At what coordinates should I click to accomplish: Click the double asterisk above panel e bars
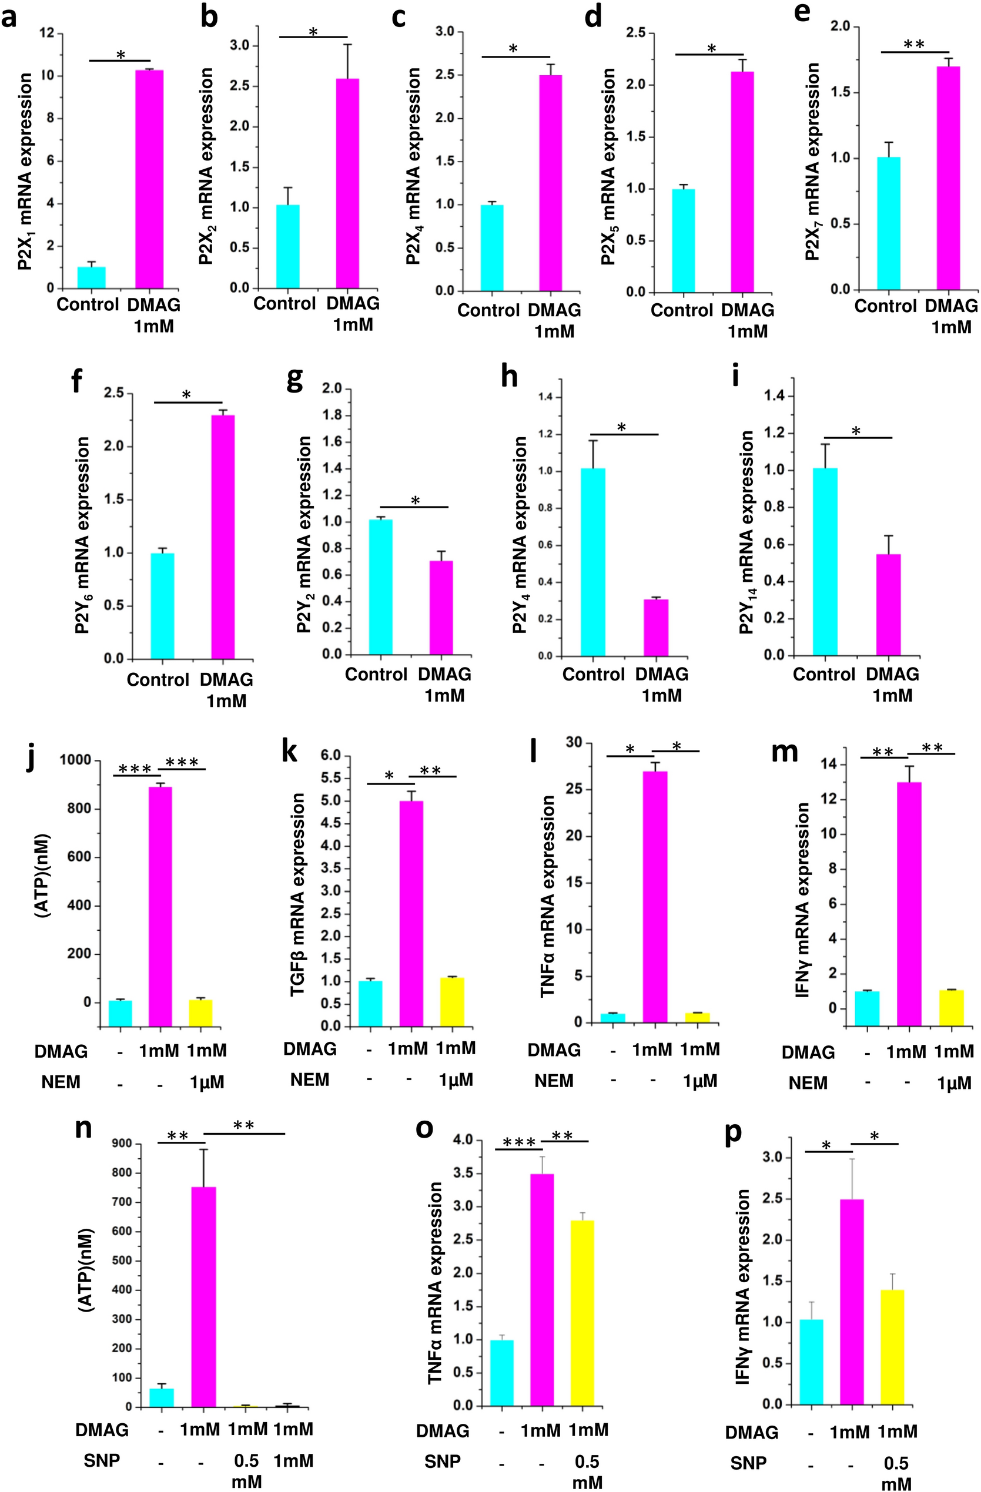click(x=914, y=45)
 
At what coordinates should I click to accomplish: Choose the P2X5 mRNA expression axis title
click(x=608, y=166)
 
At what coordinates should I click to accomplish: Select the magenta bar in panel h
click(x=655, y=628)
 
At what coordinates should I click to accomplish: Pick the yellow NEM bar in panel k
click(x=451, y=1001)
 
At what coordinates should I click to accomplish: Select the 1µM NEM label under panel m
click(x=953, y=1083)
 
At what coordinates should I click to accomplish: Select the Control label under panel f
click(x=158, y=679)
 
